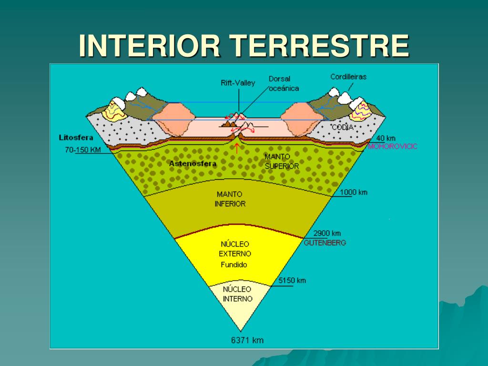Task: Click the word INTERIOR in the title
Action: point(150,46)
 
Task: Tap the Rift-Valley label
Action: point(238,82)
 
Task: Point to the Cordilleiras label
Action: point(348,76)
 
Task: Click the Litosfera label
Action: point(76,138)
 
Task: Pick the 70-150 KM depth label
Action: point(83,150)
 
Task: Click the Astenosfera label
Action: point(193,163)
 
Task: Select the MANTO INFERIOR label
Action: point(230,199)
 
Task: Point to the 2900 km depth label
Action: point(327,234)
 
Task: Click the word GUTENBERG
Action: point(325,243)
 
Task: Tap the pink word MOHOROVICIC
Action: point(393,146)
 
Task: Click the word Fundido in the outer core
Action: point(234,265)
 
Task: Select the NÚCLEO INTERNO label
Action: point(237,294)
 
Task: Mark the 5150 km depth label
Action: point(292,280)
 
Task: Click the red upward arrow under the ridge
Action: point(237,148)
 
